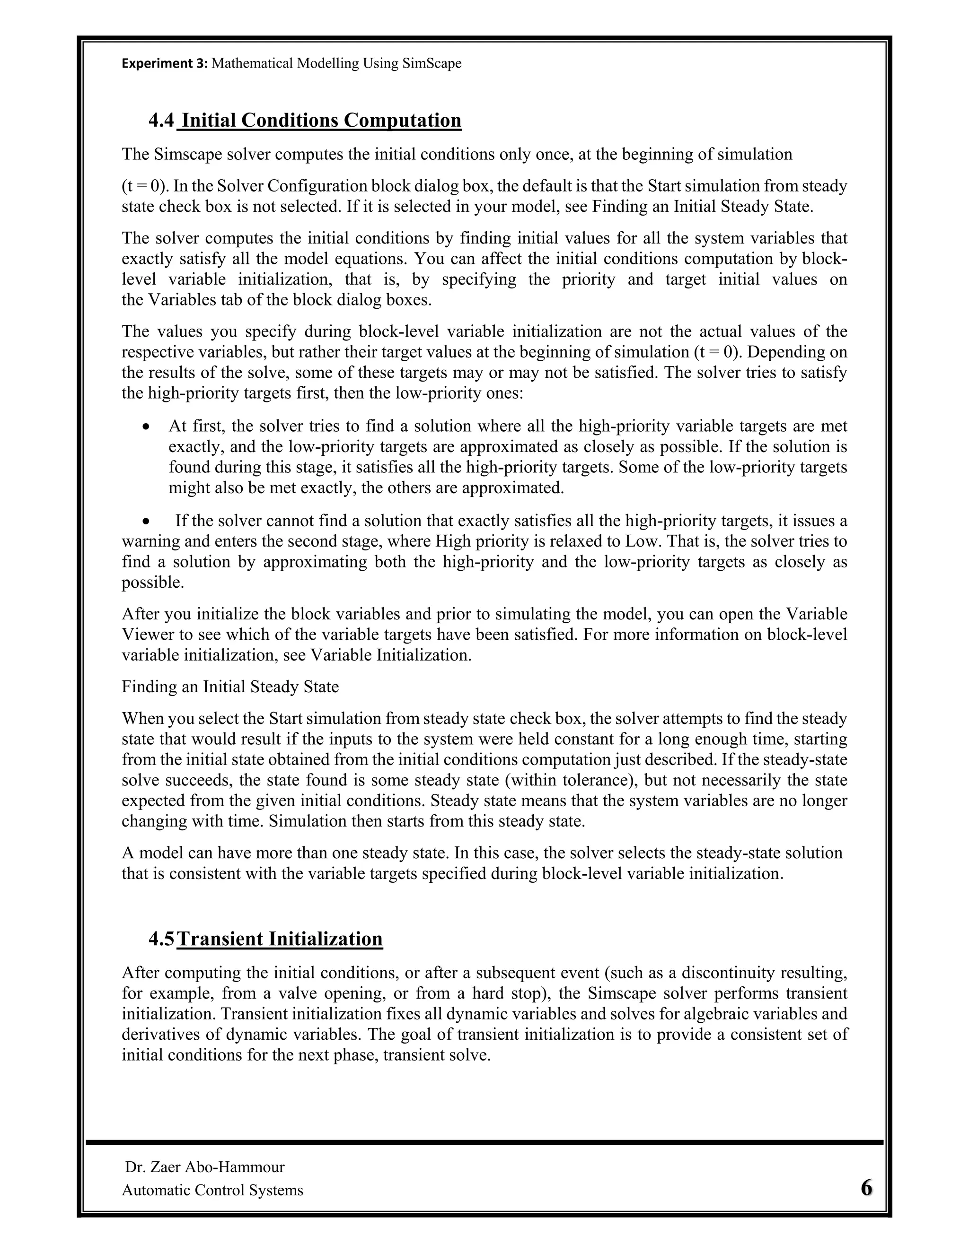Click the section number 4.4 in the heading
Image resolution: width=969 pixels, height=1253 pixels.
[x=161, y=121]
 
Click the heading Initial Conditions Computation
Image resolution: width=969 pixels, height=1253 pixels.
[x=321, y=121]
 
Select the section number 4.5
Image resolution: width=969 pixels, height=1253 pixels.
[x=161, y=939]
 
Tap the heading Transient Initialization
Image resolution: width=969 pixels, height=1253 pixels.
[x=280, y=939]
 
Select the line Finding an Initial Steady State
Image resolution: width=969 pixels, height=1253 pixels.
[x=230, y=687]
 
